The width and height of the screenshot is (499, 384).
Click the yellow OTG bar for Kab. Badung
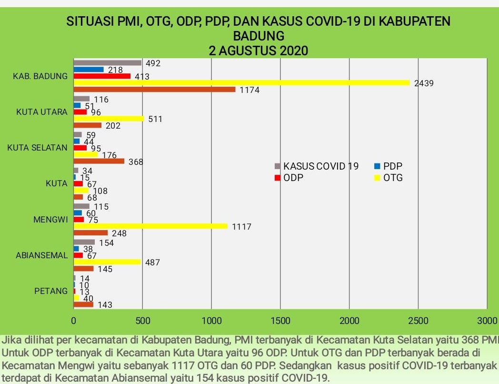pyautogui.click(x=241, y=82)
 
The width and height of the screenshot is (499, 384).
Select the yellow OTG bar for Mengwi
pyautogui.click(x=150, y=226)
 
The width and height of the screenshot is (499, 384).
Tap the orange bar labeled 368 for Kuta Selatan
pyautogui.click(x=99, y=161)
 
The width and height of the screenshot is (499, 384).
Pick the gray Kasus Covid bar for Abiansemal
pyautogui.click(x=84, y=242)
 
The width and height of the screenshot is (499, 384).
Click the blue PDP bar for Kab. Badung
pyautogui.click(x=89, y=70)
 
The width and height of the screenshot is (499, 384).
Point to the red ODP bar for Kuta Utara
pyautogui.click(x=80, y=112)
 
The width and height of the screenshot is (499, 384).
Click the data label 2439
pyautogui.click(x=424, y=83)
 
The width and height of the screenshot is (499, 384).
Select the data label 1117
pyautogui.click(x=241, y=227)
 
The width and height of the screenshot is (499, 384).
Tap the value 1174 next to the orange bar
pyautogui.click(x=249, y=90)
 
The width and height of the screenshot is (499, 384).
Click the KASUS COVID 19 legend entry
pyautogui.click(x=317, y=166)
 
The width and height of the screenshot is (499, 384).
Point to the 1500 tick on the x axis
pyautogui.click(x=280, y=320)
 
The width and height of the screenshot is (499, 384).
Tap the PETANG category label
pyautogui.click(x=51, y=291)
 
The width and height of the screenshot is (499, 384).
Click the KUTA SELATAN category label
pyautogui.click(x=37, y=148)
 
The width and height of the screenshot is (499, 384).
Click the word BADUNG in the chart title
pyautogui.click(x=259, y=36)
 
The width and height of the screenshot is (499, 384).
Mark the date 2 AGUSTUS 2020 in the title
pyautogui.click(x=259, y=51)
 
